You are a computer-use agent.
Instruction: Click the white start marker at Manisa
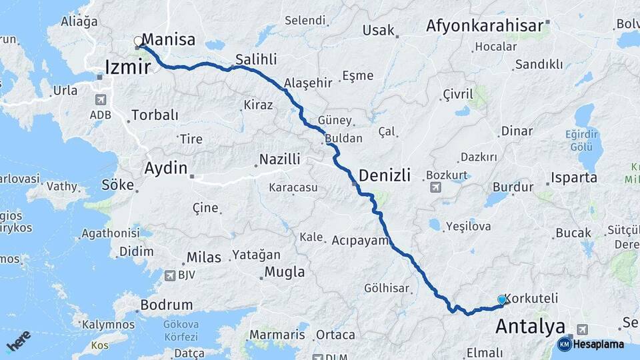(138, 41)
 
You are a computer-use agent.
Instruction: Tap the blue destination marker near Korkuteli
(502, 301)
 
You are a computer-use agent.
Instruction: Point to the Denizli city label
(385, 175)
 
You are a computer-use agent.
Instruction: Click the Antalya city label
(530, 327)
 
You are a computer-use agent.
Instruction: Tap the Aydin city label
(166, 169)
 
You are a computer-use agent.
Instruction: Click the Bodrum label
(166, 305)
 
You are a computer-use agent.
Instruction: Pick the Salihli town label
(255, 59)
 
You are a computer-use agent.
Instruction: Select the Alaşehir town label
(308, 83)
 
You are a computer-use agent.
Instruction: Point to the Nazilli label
(280, 159)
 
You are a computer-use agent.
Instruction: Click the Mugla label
(285, 272)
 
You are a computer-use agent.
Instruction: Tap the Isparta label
(574, 178)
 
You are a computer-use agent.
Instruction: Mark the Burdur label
(513, 187)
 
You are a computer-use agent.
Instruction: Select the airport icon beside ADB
(101, 100)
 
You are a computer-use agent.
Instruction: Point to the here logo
(19, 341)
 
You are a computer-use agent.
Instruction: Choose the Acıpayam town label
(360, 239)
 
